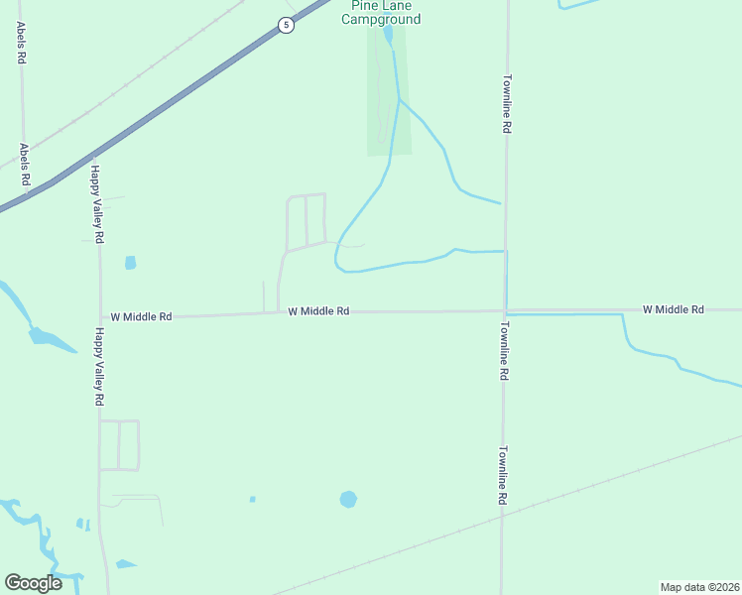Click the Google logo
[33, 583]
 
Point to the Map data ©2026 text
[699, 586]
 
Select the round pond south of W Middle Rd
[348, 499]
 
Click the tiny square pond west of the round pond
[252, 499]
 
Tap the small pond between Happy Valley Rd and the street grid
[130, 263]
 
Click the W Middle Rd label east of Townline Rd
[673, 309]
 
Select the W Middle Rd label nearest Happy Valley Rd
[141, 316]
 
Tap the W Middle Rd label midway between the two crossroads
[318, 311]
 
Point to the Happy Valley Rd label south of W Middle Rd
[99, 366]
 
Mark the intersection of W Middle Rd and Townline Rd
[504, 310]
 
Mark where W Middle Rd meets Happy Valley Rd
[99, 317]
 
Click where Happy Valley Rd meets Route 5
[92, 157]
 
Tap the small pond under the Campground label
[387, 37]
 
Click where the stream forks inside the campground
[399, 98]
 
